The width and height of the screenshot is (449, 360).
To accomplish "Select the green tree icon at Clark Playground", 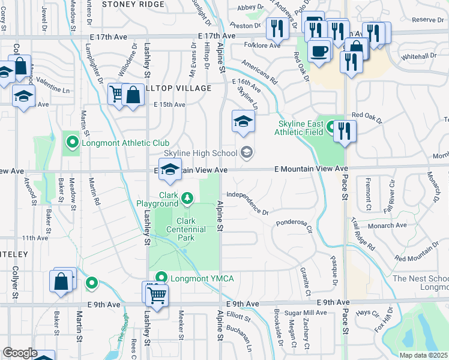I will coord(188,197).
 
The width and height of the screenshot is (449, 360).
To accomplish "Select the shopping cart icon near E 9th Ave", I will coord(157,293).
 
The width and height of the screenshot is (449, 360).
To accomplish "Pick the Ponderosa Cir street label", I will coord(294,225).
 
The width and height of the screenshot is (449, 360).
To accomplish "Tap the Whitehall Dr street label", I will coord(420,56).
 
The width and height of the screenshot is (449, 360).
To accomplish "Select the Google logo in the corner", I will coord(19,352).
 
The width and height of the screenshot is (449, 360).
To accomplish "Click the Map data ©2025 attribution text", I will coord(423,356).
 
